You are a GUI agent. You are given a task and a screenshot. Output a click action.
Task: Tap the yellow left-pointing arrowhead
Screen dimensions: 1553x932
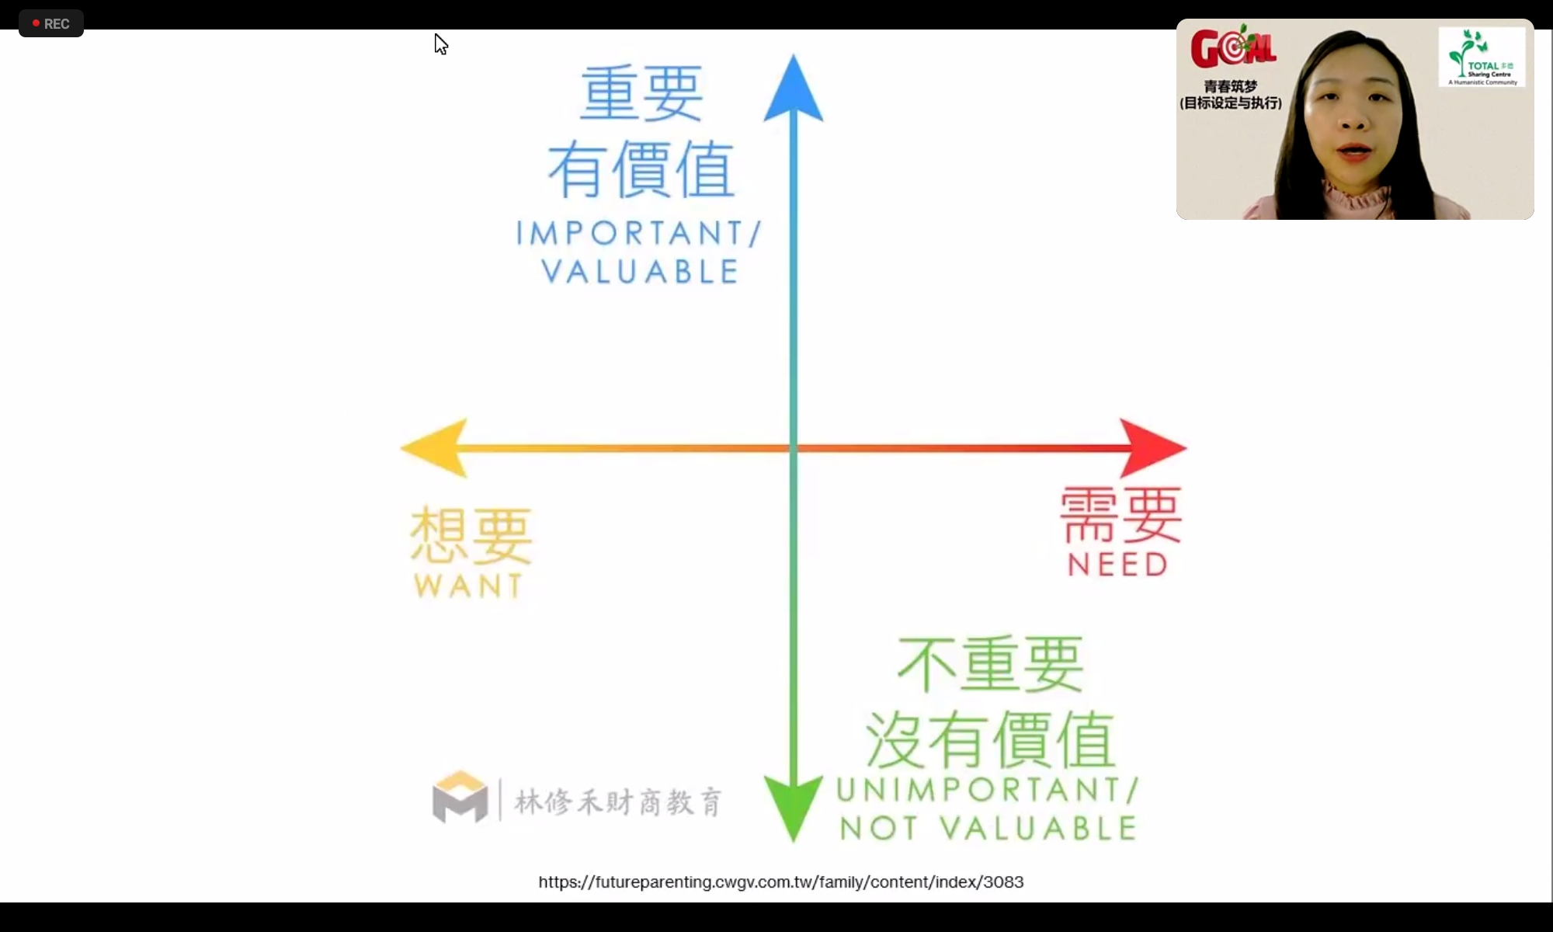435,448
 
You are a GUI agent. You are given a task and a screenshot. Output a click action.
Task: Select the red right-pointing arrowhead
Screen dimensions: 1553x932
1153,448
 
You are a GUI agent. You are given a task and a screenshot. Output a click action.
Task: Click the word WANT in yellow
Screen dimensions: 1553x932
468,586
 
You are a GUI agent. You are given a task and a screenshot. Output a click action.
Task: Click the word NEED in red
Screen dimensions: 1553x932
1117,565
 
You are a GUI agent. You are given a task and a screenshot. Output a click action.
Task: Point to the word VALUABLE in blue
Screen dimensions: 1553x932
640,272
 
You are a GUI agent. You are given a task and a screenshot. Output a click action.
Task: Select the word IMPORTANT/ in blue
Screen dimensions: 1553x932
639,233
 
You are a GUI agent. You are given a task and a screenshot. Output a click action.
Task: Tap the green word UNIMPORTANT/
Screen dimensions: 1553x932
988,790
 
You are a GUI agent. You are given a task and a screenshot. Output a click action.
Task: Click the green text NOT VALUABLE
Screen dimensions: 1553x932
988,829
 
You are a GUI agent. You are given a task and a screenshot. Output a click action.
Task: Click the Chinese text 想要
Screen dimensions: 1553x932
471,535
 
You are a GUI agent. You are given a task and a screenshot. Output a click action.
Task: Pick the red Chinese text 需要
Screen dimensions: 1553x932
1121,514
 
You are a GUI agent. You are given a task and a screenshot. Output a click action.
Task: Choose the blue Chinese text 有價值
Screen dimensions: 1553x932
641,169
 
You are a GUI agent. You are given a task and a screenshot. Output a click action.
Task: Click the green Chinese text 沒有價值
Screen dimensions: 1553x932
990,739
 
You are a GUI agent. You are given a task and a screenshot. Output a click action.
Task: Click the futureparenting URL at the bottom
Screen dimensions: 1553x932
781,882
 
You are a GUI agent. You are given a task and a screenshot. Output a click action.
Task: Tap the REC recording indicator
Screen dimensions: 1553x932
51,23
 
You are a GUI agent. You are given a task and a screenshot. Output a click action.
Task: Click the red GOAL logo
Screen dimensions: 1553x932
1233,47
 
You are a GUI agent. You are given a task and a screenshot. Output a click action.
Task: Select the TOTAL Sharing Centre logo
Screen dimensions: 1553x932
1482,57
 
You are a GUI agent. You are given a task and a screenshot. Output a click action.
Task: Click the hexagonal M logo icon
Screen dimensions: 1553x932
460,797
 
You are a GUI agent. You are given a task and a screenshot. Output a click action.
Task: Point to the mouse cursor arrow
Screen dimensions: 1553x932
440,44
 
